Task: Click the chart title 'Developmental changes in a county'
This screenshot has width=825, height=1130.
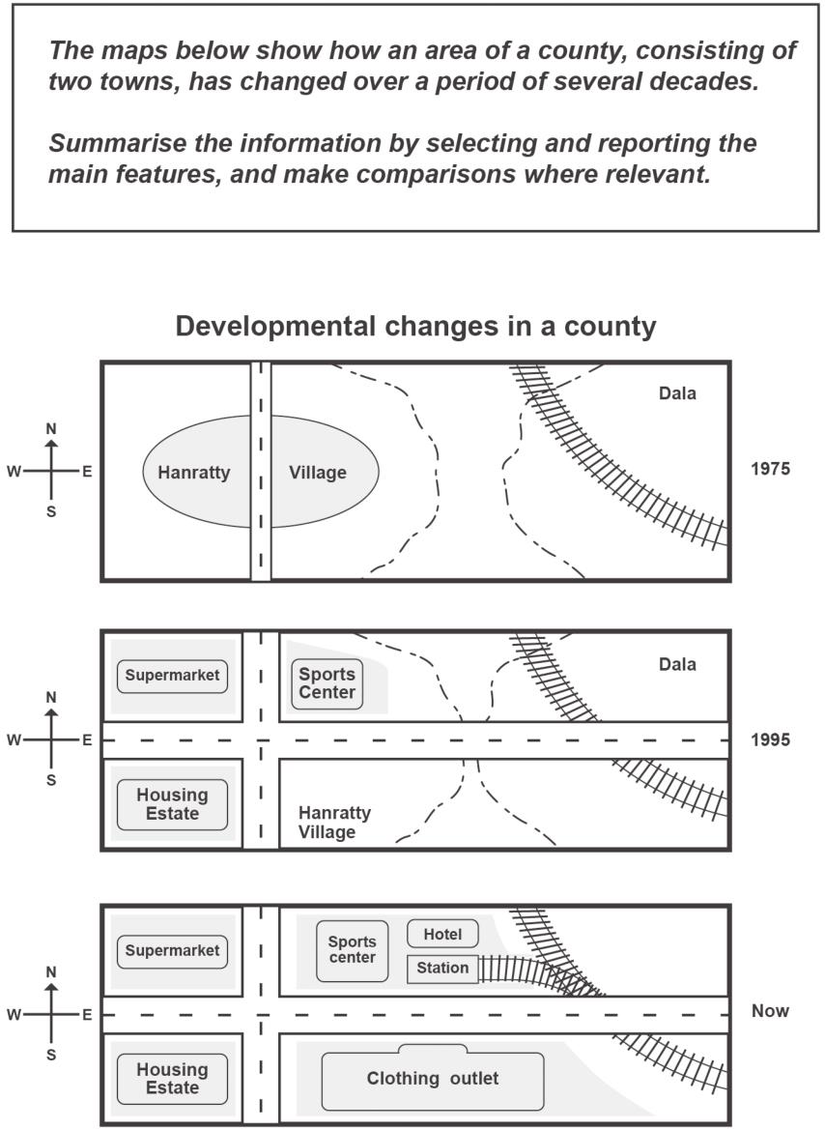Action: pos(415,327)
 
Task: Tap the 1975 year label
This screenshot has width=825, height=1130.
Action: pos(770,469)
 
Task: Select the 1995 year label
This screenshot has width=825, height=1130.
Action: pos(770,739)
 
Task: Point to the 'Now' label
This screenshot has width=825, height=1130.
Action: pos(770,1010)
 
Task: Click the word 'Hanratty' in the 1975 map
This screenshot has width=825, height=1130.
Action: pos(194,472)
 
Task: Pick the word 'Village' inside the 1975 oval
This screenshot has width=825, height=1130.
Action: pos(318,472)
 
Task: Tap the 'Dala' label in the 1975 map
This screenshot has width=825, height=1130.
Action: pos(677,392)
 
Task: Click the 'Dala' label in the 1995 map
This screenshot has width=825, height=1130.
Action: pos(677,664)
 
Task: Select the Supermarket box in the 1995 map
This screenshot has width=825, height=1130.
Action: pos(172,677)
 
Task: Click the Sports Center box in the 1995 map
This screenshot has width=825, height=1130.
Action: pos(327,684)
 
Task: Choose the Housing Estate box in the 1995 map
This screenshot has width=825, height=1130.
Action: pos(172,804)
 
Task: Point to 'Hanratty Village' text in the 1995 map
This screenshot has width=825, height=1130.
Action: pos(334,823)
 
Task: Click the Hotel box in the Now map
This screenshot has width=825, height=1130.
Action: pos(442,934)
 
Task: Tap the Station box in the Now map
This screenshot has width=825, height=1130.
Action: pos(442,968)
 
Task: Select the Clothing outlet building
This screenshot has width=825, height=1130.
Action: pos(433,1078)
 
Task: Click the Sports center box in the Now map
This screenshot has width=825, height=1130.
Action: pos(353,950)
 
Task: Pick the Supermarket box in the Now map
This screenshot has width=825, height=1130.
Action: pos(172,951)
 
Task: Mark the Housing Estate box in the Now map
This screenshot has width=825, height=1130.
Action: pos(172,1079)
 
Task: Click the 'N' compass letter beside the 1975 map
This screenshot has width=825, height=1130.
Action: pos(51,429)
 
